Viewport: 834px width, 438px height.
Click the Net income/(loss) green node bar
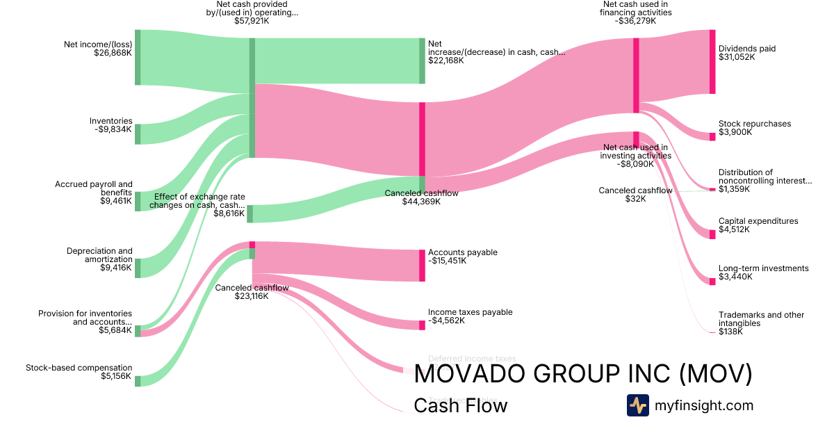(x=138, y=57)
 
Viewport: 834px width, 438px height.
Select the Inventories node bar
(x=138, y=134)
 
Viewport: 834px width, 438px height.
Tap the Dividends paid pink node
(x=712, y=62)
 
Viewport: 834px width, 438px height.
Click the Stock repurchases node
(x=712, y=137)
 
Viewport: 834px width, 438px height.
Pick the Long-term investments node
(x=712, y=281)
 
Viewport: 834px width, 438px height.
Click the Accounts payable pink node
(x=422, y=266)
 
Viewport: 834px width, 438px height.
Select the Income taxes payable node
(x=422, y=325)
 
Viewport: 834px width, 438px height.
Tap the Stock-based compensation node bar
(x=138, y=381)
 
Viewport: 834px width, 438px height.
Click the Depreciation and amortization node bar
(x=138, y=268)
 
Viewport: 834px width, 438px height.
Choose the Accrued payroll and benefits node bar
(x=138, y=201)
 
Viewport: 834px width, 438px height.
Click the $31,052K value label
(x=737, y=57)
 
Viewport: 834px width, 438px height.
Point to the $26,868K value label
(x=113, y=52)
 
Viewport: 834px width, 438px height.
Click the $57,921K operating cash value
(x=252, y=21)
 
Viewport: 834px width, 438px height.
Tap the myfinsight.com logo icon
(x=637, y=405)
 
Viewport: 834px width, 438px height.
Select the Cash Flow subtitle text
(x=460, y=405)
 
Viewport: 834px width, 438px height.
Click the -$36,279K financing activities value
(x=636, y=21)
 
